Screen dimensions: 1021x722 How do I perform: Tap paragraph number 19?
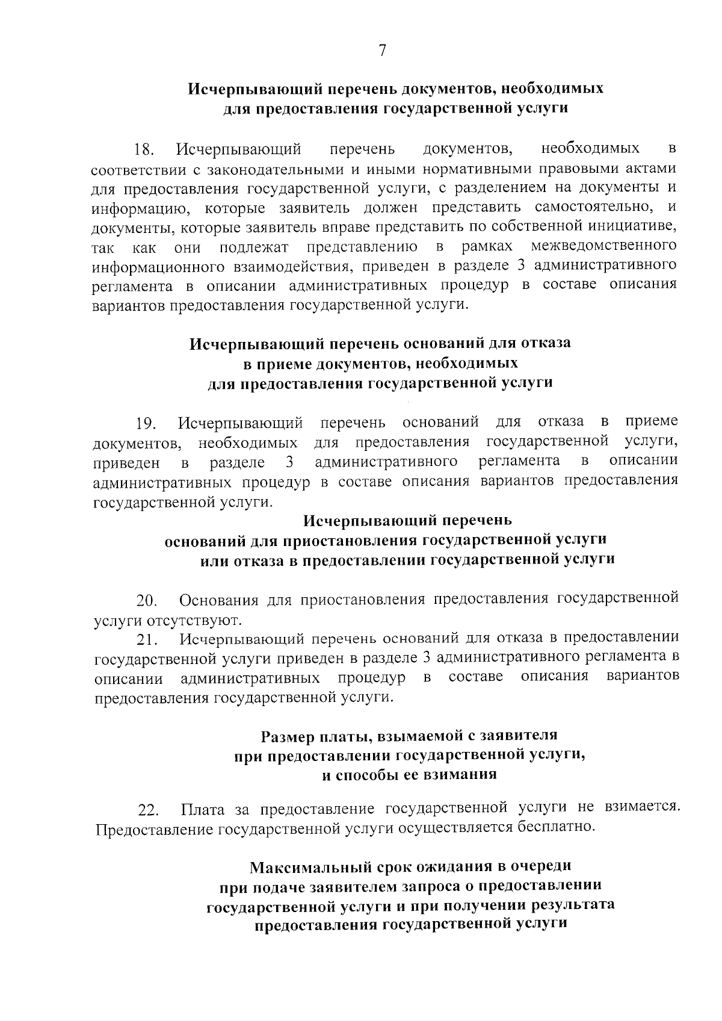point(146,424)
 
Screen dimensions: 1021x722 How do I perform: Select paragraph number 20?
point(146,601)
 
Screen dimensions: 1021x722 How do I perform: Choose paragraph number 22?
point(147,811)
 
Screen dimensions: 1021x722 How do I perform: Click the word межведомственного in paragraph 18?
point(603,246)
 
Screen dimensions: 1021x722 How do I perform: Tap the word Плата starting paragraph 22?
point(202,808)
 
